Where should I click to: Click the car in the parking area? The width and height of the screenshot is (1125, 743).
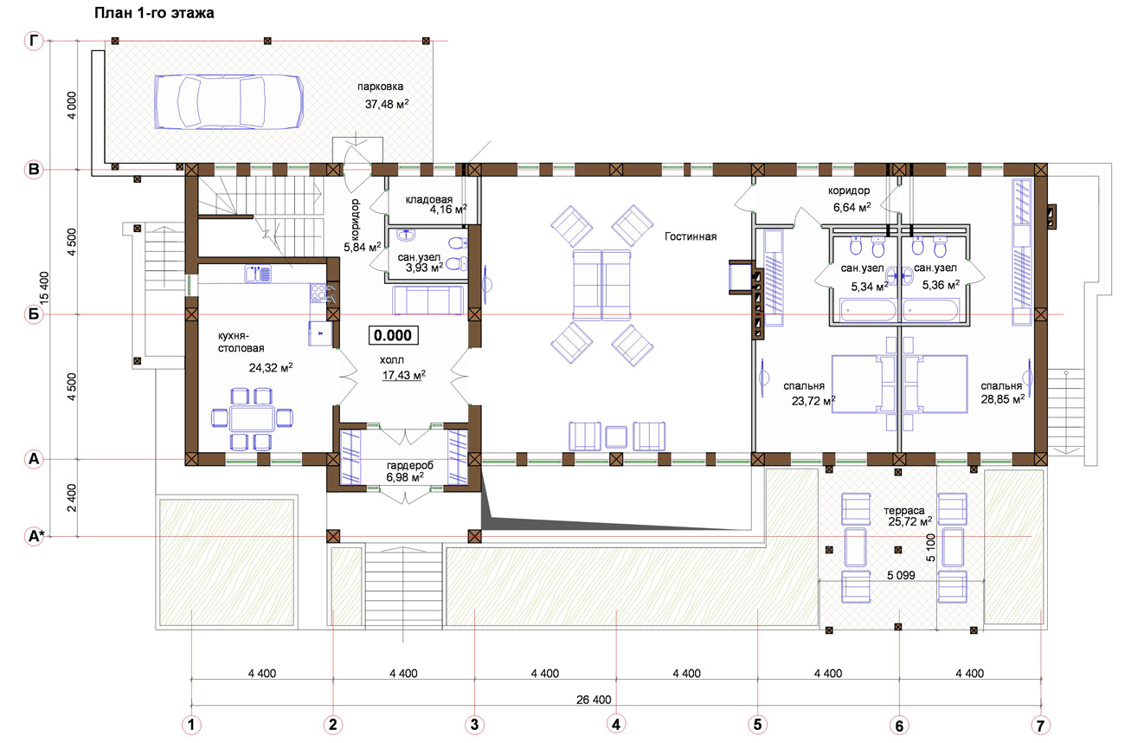pos(228,102)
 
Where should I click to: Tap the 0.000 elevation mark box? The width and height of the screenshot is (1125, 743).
pos(393,335)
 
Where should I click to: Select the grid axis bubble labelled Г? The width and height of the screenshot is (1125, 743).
pos(34,40)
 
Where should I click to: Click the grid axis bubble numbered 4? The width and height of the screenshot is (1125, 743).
pos(616,724)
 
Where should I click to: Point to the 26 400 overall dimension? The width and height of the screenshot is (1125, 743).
pos(594,700)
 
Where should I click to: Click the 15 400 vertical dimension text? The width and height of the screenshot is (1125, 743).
pos(45,288)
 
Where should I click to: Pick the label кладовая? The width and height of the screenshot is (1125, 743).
pos(429,199)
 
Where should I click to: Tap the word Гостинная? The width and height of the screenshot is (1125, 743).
pos(691,236)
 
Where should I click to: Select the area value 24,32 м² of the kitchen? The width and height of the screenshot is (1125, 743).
pos(271,367)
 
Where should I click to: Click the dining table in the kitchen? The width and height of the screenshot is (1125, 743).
pos(252,419)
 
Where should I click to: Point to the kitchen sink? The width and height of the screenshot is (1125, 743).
pos(258,274)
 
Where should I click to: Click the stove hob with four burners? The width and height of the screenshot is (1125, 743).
pos(318,293)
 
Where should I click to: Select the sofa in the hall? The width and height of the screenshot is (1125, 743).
pos(427,300)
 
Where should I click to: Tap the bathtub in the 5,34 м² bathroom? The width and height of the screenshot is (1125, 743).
pos(867,310)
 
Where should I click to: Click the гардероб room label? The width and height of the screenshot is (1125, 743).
pos(410,466)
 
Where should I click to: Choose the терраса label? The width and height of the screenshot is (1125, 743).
pos(904,510)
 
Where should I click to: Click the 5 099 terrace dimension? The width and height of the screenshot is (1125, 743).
pos(901,575)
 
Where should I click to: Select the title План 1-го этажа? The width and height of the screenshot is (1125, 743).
pos(154,13)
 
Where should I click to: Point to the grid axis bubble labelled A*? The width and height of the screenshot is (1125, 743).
pos(34,536)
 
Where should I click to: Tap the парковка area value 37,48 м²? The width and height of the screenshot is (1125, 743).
pos(387,104)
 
